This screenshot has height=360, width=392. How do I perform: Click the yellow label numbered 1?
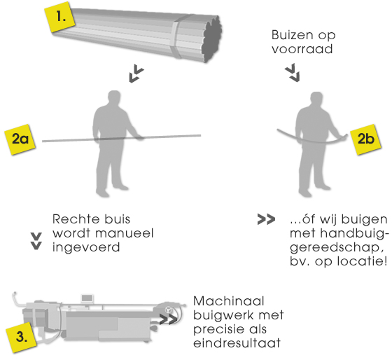tap(60, 17)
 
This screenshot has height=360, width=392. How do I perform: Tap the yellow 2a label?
tap(20, 139)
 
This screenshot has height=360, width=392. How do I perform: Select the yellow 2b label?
tap(365, 139)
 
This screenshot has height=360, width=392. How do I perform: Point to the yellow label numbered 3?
tap(22, 337)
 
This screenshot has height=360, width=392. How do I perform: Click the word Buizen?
tap(293, 35)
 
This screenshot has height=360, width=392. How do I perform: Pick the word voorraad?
tap(302, 49)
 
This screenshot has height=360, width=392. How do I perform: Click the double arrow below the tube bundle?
tap(136, 74)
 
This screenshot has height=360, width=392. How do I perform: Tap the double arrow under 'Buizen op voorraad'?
tap(293, 73)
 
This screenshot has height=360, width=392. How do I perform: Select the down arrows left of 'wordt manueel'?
tap(36, 241)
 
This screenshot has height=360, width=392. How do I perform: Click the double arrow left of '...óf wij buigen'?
tap(266, 219)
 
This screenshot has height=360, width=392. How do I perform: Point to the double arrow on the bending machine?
tap(168, 319)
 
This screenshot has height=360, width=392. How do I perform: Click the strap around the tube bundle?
tap(179, 37)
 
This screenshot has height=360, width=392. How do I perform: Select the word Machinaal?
tap(228, 301)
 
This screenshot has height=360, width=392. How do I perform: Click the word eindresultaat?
tap(237, 342)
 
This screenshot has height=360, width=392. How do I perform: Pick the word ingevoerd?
tap(86, 247)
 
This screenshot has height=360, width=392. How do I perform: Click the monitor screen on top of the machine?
tap(87, 298)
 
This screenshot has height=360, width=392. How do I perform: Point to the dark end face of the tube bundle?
tap(213, 38)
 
